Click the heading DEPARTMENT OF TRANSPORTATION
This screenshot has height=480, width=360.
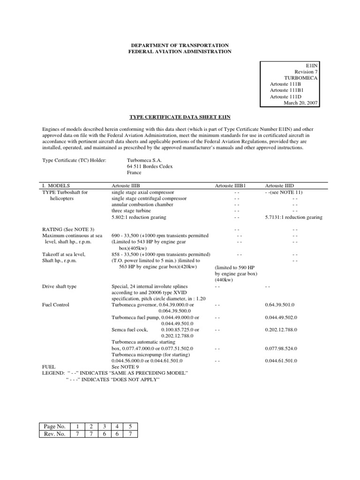180,44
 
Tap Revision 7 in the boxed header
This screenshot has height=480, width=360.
306,72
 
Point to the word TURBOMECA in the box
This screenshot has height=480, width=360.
300,78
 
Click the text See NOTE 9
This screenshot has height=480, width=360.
125,367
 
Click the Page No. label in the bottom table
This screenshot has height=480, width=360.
54,426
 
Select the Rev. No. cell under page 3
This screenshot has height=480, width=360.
105,434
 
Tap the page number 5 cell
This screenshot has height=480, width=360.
130,426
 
